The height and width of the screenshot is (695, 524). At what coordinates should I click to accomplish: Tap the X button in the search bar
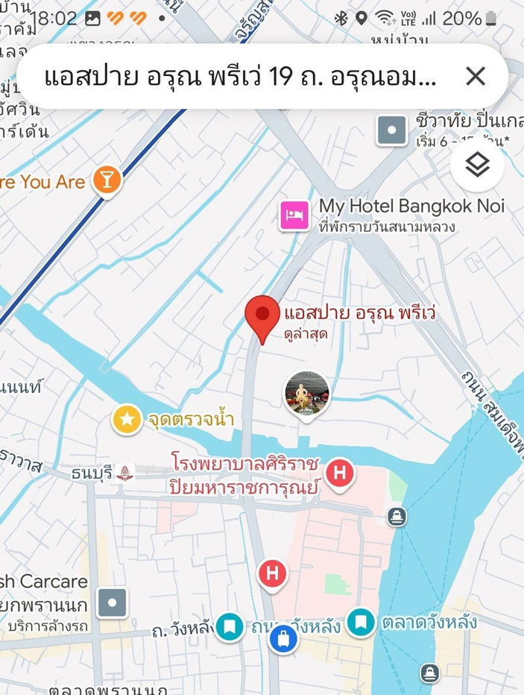pyautogui.click(x=475, y=76)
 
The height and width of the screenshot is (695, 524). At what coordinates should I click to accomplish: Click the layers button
pyautogui.click(x=477, y=165)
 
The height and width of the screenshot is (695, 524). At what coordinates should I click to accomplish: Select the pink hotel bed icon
pyautogui.click(x=294, y=216)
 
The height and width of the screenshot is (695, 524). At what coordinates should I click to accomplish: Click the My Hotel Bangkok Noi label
pyautogui.click(x=411, y=206)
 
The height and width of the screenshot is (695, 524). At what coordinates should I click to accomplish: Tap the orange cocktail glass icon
pyautogui.click(x=107, y=180)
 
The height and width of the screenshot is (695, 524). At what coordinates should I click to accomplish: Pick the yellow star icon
pyautogui.click(x=127, y=419)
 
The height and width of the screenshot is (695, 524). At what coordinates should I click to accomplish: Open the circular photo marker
pyautogui.click(x=307, y=392)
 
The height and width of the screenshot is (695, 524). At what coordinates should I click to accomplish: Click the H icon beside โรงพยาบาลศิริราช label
pyautogui.click(x=340, y=472)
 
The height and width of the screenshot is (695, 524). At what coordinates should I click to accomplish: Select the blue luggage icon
pyautogui.click(x=283, y=639)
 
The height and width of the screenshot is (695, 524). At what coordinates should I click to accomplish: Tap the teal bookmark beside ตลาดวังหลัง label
pyautogui.click(x=362, y=621)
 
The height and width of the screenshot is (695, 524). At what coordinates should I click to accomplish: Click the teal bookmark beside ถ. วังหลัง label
pyautogui.click(x=230, y=626)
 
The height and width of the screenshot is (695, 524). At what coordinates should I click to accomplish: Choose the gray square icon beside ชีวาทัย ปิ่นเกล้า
pyautogui.click(x=391, y=130)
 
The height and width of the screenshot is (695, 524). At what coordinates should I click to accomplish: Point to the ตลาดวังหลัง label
pyautogui.click(x=429, y=621)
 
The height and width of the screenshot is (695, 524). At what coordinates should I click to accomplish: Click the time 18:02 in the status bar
pyautogui.click(x=54, y=19)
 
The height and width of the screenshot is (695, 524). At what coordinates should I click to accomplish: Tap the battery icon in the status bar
pyautogui.click(x=490, y=19)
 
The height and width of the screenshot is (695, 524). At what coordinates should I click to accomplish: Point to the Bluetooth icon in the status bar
pyautogui.click(x=341, y=19)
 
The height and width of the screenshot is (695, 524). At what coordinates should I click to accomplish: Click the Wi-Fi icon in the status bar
pyautogui.click(x=385, y=19)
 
